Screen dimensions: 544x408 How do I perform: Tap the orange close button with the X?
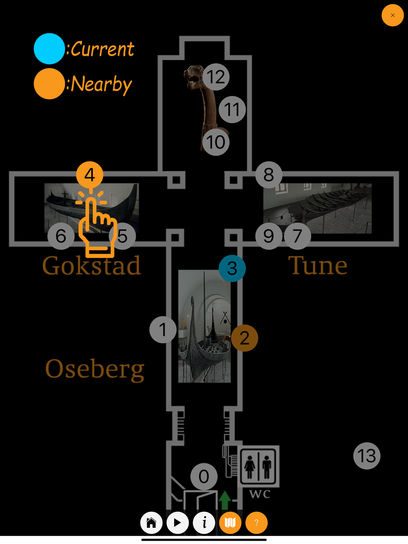tap(392, 15)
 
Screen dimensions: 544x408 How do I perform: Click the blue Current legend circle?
tap(49, 49)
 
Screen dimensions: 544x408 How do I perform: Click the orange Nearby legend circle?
tap(49, 84)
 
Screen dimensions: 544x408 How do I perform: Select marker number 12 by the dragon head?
tap(216, 77)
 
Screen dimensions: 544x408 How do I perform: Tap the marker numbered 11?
tap(232, 110)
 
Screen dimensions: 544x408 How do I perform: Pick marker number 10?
tap(216, 142)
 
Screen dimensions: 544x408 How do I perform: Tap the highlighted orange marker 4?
tap(90, 175)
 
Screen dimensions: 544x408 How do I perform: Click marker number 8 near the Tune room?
tap(269, 175)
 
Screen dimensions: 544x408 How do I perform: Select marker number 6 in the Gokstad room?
tap(61, 236)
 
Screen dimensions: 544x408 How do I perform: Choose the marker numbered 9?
tap(268, 236)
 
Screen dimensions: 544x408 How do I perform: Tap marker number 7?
tap(297, 236)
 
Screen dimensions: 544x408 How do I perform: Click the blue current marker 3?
tap(232, 268)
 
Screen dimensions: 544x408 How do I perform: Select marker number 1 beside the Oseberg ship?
tap(163, 329)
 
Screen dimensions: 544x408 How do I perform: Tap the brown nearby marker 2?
tap(244, 338)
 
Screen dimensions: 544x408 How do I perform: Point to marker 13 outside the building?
tap(367, 456)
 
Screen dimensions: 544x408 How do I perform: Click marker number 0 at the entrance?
tap(204, 476)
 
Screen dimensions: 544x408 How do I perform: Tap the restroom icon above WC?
tap(258, 466)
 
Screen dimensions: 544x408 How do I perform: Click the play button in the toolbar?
tap(177, 522)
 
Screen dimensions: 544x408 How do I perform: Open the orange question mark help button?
tap(256, 522)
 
